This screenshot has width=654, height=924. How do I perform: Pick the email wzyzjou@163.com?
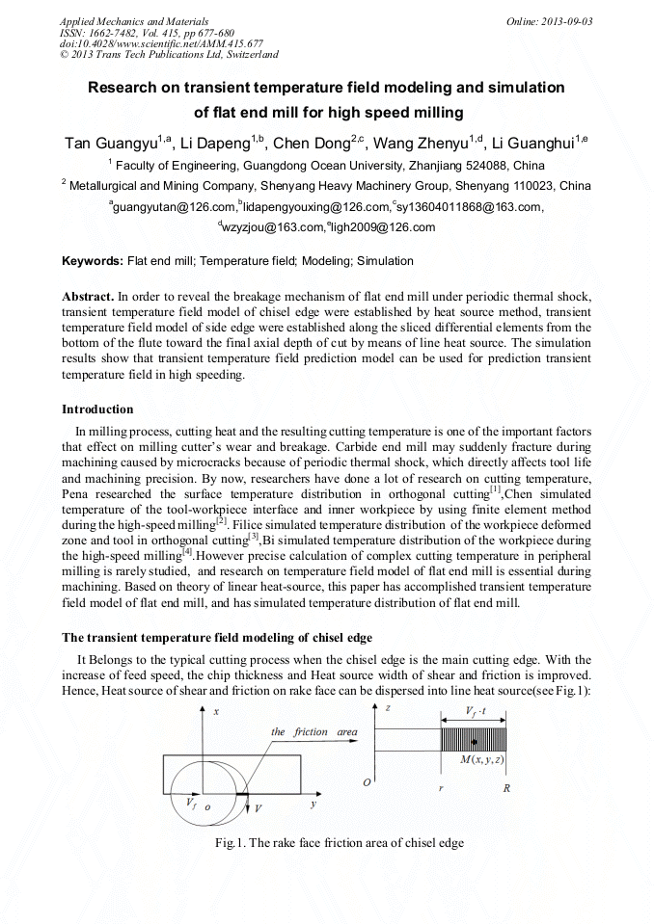(272, 227)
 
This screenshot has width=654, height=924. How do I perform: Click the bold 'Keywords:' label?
(93, 261)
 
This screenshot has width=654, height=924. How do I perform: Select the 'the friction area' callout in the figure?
(313, 732)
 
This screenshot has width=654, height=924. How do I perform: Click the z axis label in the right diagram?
(386, 708)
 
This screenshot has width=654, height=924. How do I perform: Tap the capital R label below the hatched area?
(506, 787)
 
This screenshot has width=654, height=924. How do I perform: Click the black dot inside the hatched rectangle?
(475, 741)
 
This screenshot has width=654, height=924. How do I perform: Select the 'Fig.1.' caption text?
(231, 843)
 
